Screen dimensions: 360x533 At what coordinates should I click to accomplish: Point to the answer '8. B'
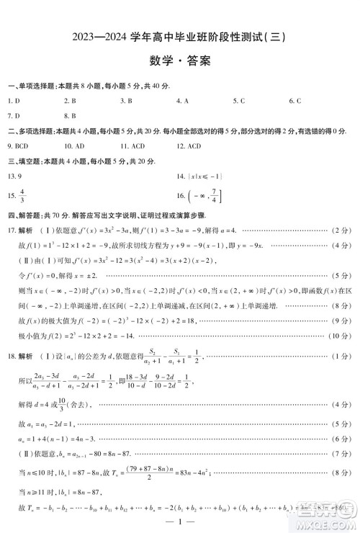(70, 115)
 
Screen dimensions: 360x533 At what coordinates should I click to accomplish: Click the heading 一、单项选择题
(29, 86)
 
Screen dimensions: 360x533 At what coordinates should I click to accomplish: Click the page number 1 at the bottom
(180, 521)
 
